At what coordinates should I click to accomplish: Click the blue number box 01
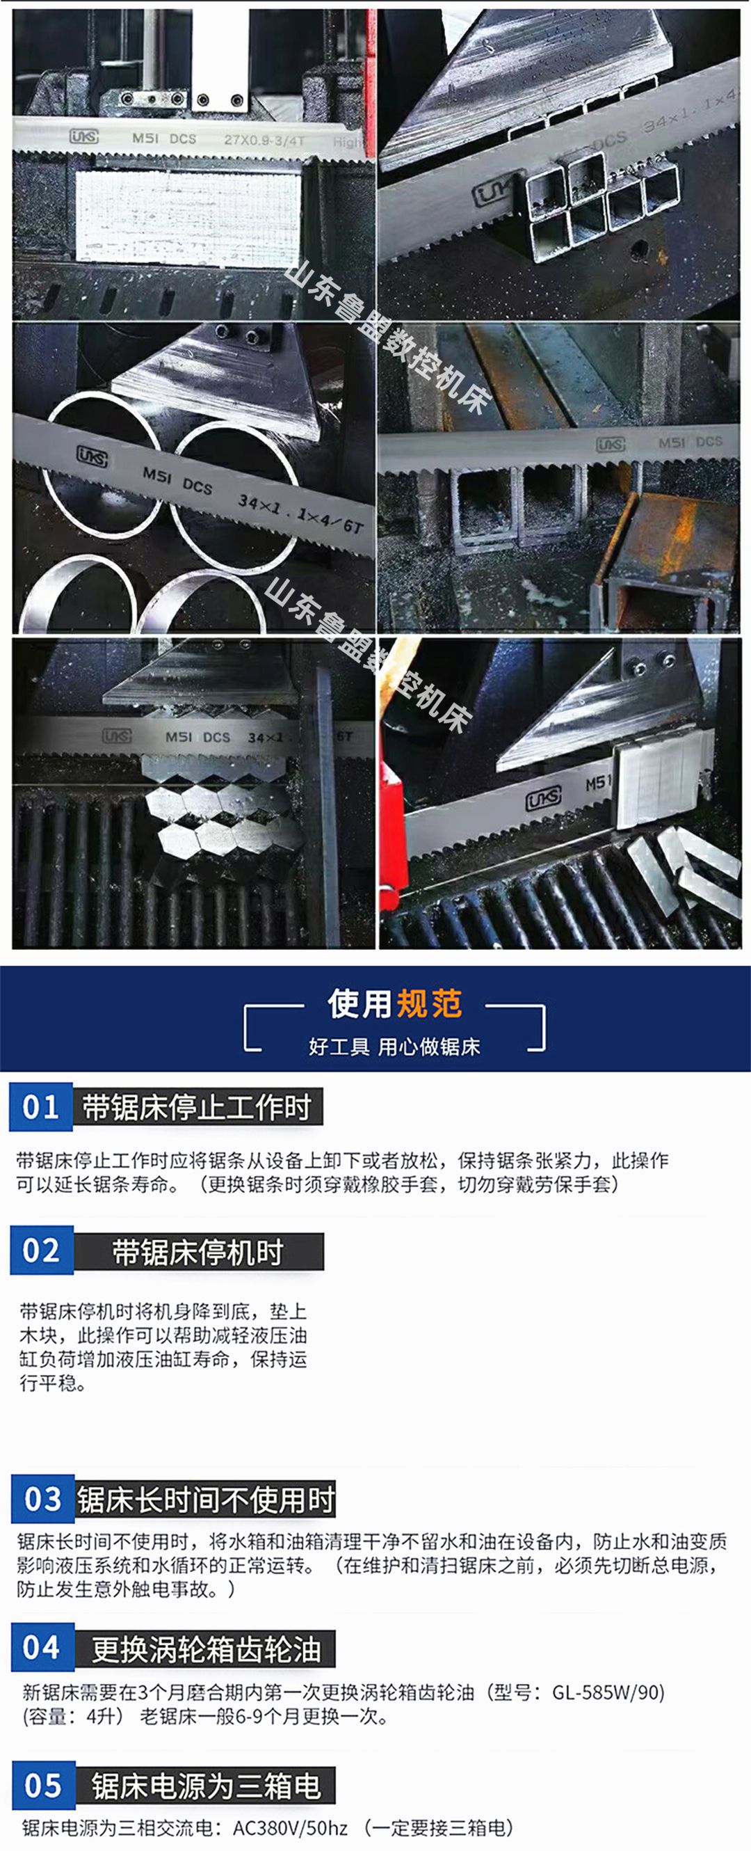(41, 1106)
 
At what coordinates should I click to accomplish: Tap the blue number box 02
(42, 1250)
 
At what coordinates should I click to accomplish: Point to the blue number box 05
(43, 1785)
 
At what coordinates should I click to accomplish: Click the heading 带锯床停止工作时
(197, 1107)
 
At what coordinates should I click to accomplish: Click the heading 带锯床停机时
(198, 1252)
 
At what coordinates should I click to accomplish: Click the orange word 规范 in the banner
(429, 1004)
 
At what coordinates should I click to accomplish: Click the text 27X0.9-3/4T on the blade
(264, 139)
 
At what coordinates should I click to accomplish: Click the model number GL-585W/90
(607, 1692)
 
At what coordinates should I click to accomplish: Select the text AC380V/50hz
(290, 1827)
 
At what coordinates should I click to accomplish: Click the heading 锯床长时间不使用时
(205, 1500)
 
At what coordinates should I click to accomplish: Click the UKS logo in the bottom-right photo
(544, 800)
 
